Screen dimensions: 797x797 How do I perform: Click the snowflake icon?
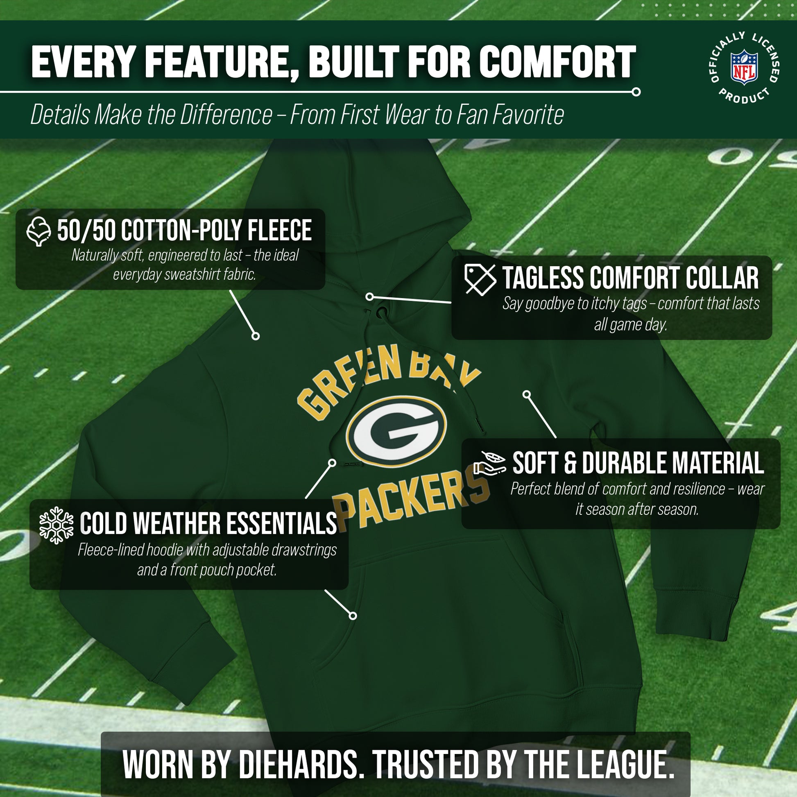click(56, 525)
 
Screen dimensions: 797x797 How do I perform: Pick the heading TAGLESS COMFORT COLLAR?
click(630, 278)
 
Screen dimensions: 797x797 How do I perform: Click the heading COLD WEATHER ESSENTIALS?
click(208, 523)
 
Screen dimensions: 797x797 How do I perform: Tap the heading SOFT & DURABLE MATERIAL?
click(638, 463)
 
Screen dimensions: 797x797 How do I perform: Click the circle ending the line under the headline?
click(636, 92)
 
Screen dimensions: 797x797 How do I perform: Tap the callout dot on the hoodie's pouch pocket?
click(353, 616)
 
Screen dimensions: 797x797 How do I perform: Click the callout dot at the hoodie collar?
click(369, 297)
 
